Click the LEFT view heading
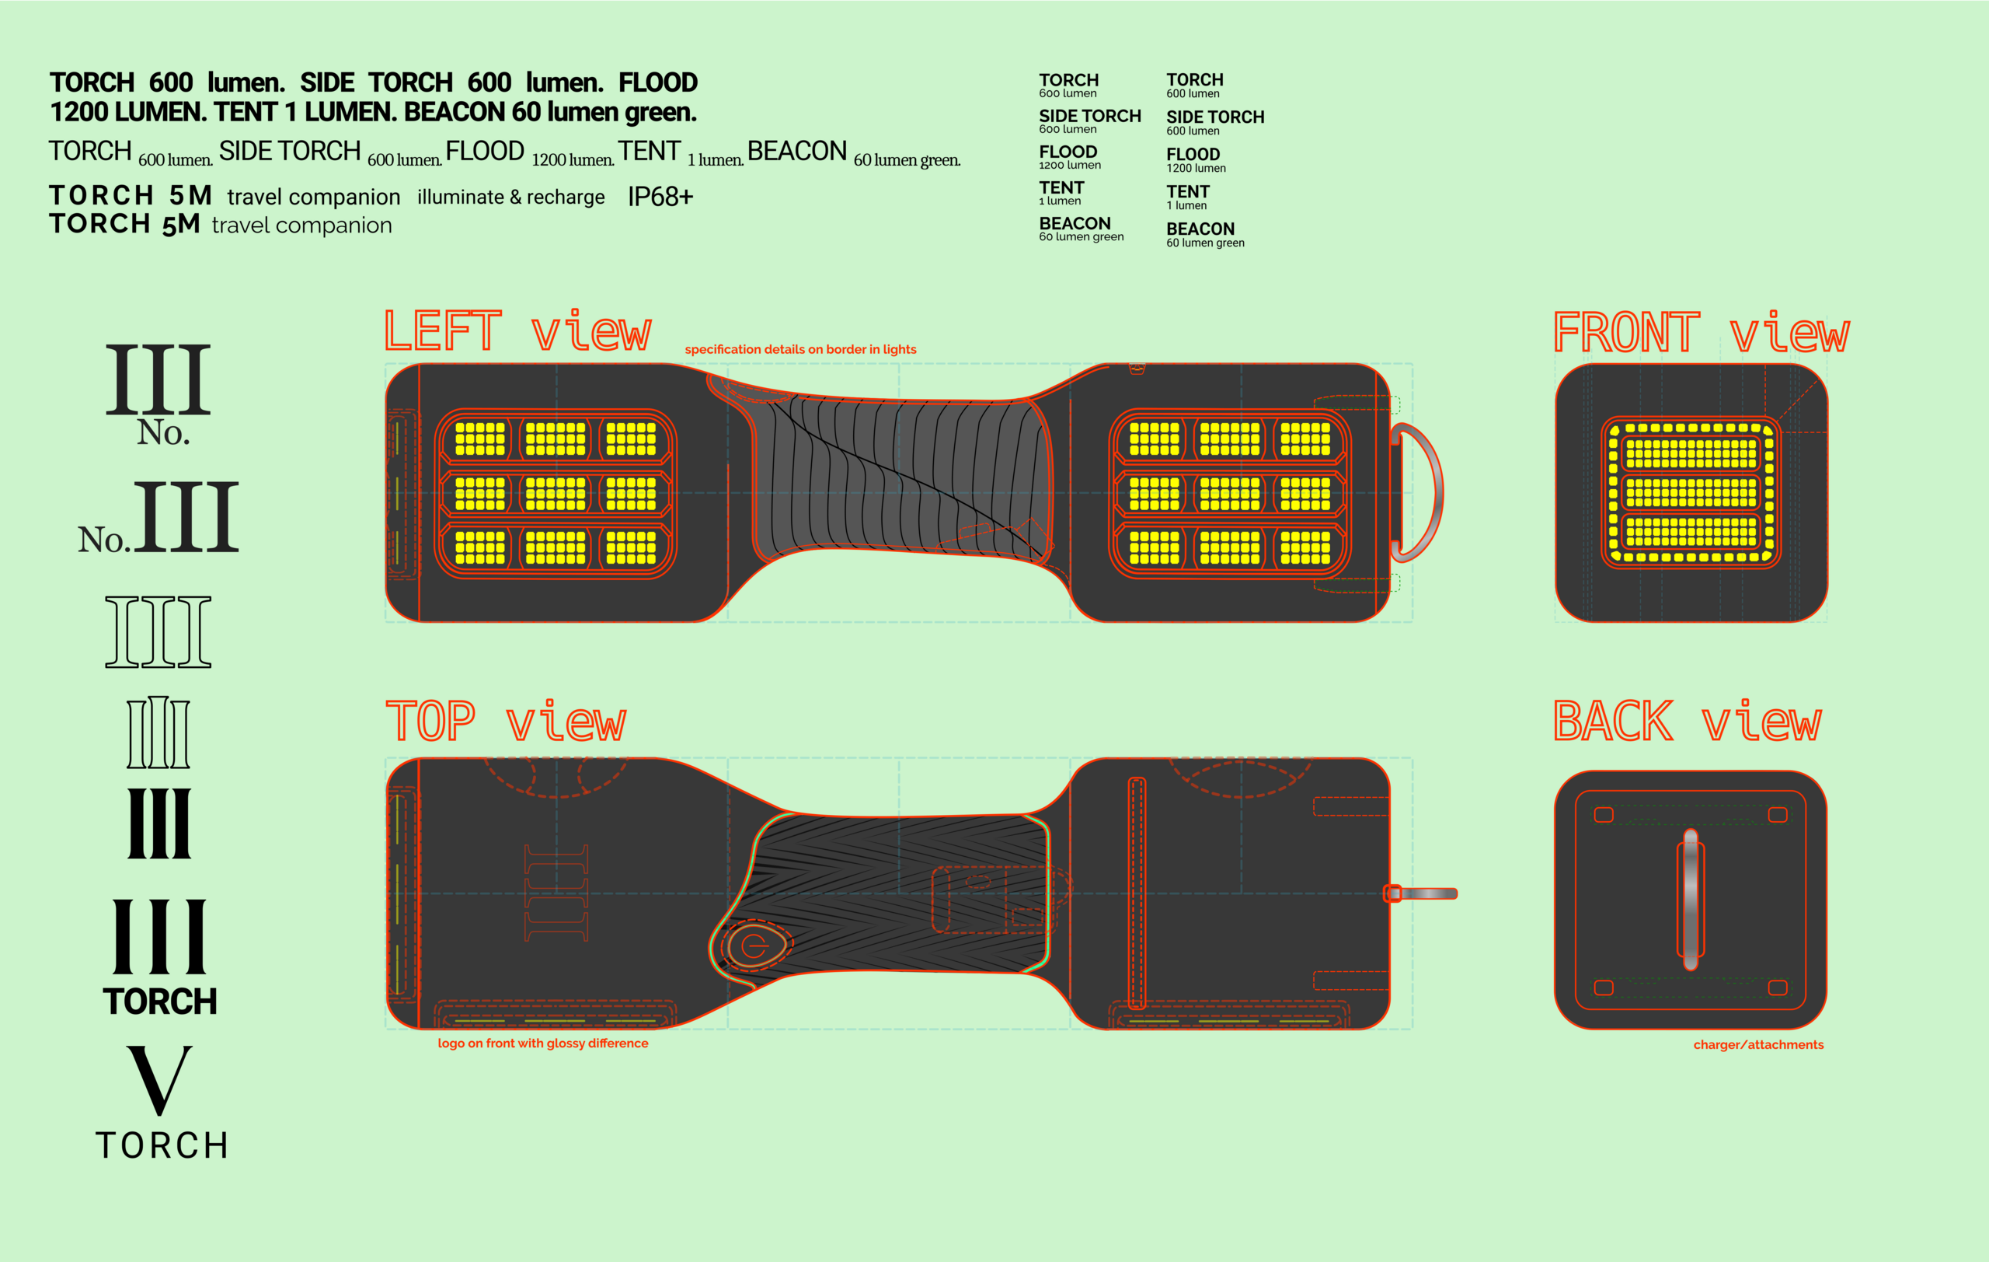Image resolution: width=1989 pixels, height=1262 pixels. pyautogui.click(x=518, y=331)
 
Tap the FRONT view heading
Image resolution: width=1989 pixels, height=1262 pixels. pyautogui.click(x=1701, y=333)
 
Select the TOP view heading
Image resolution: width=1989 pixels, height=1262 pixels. pyautogui.click(x=506, y=722)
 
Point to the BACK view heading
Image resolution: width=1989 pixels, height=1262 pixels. pyautogui.click(x=1687, y=722)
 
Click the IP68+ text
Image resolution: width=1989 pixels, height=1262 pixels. pyautogui.click(x=660, y=197)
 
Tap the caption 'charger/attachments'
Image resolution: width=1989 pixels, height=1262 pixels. pyautogui.click(x=1757, y=1044)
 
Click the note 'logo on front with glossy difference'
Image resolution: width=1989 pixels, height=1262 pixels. pyautogui.click(x=542, y=1043)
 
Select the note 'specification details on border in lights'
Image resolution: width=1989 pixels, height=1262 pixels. pyautogui.click(x=799, y=350)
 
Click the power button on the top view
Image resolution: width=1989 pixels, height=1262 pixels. pyautogui.click(x=754, y=946)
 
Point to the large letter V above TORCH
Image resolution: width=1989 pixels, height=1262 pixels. pyautogui.click(x=159, y=1078)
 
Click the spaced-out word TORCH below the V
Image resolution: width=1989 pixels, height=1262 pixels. pyautogui.click(x=162, y=1145)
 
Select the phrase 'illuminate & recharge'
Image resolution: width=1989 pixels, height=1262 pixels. pyautogui.click(x=510, y=198)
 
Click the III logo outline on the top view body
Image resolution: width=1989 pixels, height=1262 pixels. pyautogui.click(x=556, y=893)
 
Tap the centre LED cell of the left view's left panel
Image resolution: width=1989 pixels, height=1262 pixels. pyautogui.click(x=555, y=494)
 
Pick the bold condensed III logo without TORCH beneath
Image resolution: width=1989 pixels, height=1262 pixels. pyautogui.click(x=159, y=823)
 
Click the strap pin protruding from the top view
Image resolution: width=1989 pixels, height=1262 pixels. pyautogui.click(x=1427, y=893)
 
